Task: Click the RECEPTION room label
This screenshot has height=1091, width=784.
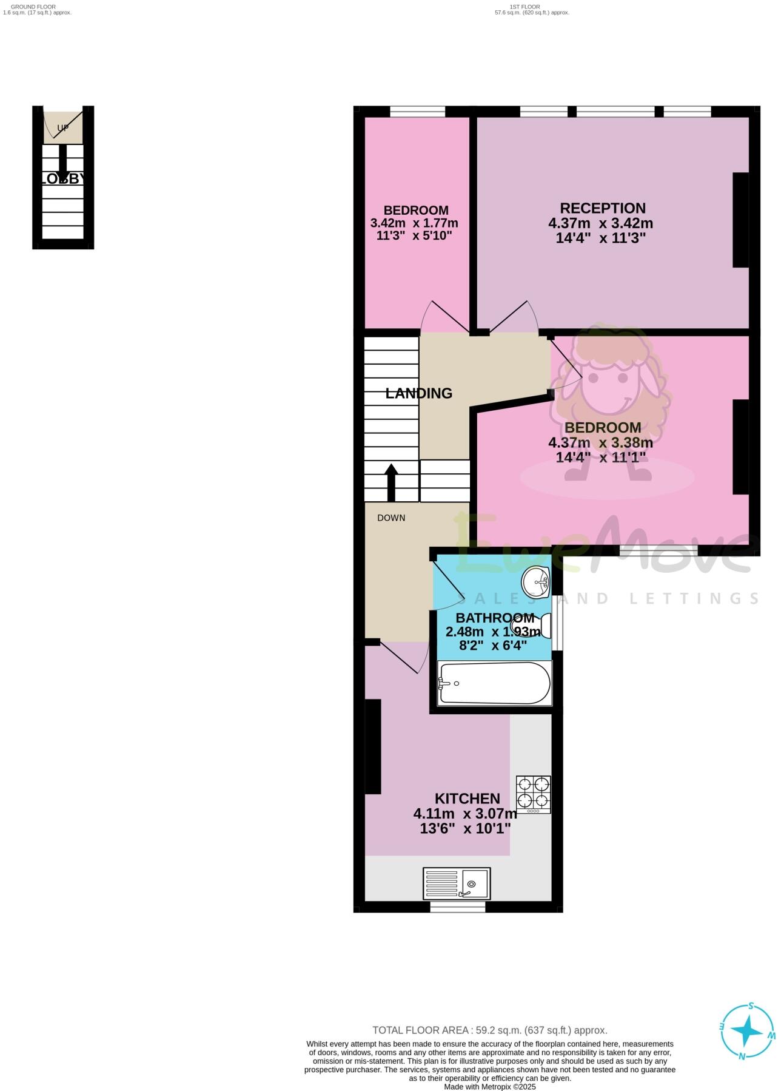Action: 602,208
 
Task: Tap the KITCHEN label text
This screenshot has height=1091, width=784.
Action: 467,799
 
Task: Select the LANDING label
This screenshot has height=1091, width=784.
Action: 419,393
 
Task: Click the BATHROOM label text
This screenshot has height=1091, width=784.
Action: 495,618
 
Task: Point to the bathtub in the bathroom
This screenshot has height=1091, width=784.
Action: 495,683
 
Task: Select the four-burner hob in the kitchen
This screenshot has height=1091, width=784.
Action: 533,794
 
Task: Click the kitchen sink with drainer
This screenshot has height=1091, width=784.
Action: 457,883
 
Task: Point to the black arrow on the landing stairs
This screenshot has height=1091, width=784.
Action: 391,482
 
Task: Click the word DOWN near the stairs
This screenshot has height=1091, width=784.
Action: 391,518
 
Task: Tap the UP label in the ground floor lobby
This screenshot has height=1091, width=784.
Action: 63,128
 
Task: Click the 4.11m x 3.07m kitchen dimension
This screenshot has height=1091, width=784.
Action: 465,814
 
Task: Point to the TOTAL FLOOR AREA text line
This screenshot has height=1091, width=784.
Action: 489,1030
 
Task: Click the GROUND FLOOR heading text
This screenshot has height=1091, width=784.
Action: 33,7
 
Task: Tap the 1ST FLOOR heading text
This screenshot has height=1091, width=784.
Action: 524,7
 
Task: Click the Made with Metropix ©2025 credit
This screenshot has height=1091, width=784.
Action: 489,1087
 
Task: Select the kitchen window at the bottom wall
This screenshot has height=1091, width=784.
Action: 458,906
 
